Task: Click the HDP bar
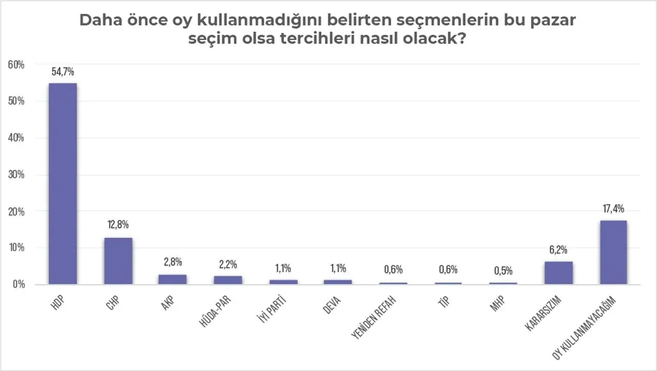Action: tap(63, 184)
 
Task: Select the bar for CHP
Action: tap(118, 261)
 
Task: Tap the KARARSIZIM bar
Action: tap(558, 272)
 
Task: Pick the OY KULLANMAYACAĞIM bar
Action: tap(613, 252)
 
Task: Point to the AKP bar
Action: tap(173, 279)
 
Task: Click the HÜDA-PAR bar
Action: tap(228, 280)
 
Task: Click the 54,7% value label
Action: tap(63, 71)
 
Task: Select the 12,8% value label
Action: tap(118, 225)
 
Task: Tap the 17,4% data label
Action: tap(613, 209)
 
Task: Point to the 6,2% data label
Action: tap(558, 250)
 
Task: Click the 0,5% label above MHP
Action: tap(504, 271)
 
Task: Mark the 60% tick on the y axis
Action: tap(16, 65)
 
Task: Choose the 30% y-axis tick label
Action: tap(16, 174)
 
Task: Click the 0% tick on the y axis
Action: tap(18, 284)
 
